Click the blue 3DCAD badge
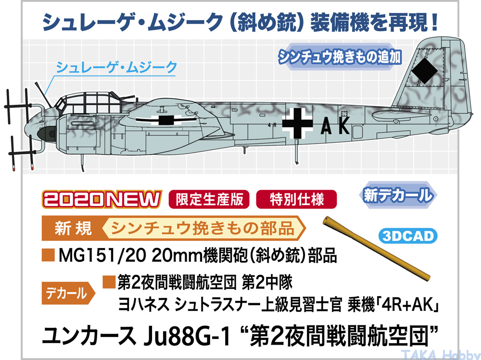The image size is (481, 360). [x=408, y=236]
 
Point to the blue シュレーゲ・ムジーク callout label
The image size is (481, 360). [x=116, y=67]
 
